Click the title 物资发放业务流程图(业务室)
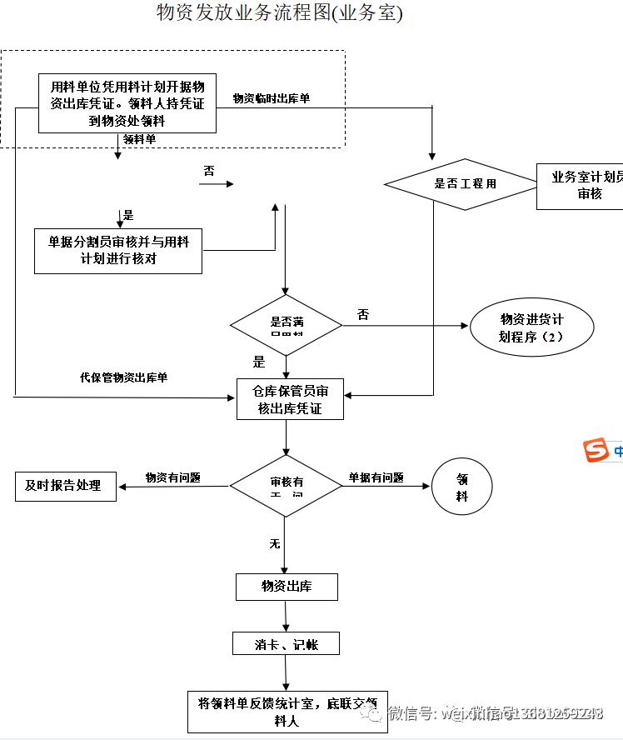pyautogui.click(x=279, y=13)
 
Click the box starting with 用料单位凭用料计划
pyautogui.click(x=127, y=103)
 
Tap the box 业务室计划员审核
pyautogui.click(x=583, y=185)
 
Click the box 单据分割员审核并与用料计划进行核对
pyautogui.click(x=118, y=250)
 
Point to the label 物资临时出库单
pyautogui.click(x=272, y=98)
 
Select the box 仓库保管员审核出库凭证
pyautogui.click(x=290, y=399)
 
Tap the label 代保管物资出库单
pyautogui.click(x=123, y=377)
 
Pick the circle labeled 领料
pyautogui.click(x=461, y=487)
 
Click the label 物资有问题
pyautogui.click(x=172, y=477)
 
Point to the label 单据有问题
pyautogui.click(x=376, y=477)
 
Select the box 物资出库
pyautogui.click(x=287, y=587)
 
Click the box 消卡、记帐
pyautogui.click(x=286, y=644)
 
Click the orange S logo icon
pyautogui.click(x=596, y=450)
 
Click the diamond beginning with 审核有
pyautogui.click(x=286, y=485)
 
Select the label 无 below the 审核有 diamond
pyautogui.click(x=274, y=544)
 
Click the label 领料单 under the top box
pyautogui.click(x=139, y=139)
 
